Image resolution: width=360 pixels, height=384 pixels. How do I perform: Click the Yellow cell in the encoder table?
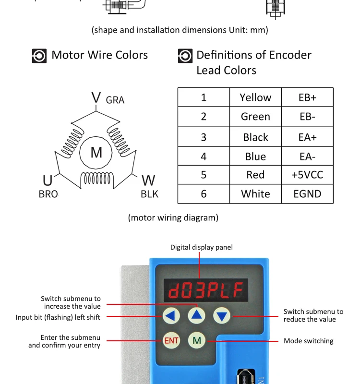click(x=255, y=97)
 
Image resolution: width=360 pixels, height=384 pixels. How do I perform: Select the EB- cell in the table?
click(x=307, y=117)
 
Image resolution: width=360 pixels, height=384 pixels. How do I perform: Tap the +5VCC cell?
click(x=307, y=175)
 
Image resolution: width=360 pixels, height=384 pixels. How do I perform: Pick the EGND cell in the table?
click(x=307, y=194)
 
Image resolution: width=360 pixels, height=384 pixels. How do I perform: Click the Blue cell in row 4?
click(x=255, y=156)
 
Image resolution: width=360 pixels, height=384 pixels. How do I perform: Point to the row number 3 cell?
click(x=204, y=137)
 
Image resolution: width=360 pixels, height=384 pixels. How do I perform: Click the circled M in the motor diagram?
click(x=96, y=153)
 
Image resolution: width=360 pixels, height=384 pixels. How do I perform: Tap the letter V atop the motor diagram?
click(x=96, y=98)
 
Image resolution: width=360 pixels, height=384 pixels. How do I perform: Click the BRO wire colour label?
click(x=48, y=194)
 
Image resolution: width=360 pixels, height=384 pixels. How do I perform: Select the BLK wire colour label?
click(x=149, y=194)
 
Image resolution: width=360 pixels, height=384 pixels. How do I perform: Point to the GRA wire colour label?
click(x=115, y=100)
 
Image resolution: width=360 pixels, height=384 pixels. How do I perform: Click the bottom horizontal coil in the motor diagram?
click(x=97, y=179)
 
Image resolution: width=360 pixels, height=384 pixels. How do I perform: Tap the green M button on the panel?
click(x=197, y=341)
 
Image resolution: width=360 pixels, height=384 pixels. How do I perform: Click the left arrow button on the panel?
click(x=171, y=316)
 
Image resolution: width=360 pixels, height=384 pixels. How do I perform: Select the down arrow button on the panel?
click(x=221, y=316)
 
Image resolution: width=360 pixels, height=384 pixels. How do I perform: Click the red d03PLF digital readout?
click(x=205, y=290)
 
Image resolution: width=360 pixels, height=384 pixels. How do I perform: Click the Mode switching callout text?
click(x=308, y=341)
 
